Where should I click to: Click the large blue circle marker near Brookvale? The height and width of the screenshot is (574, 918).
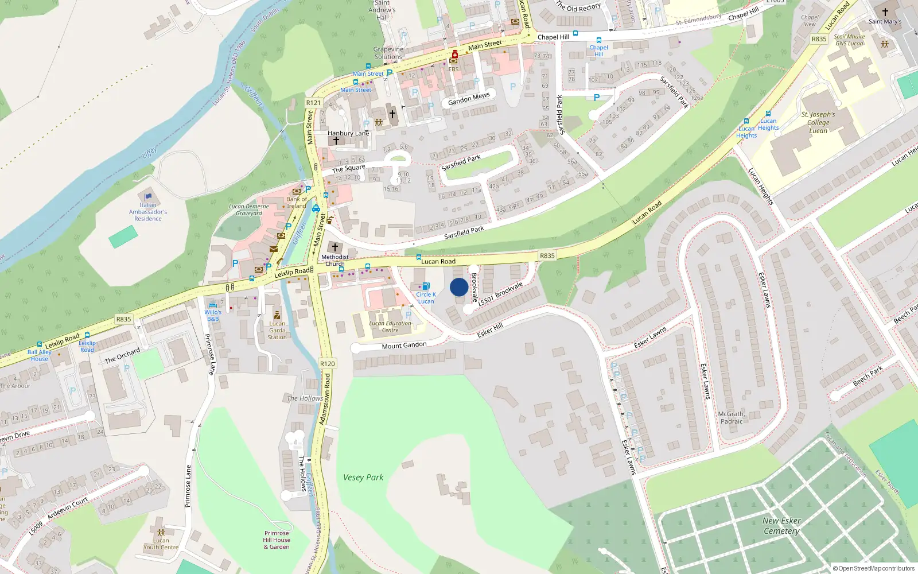(458, 287)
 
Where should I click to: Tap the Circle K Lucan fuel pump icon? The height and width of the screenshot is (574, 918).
(426, 286)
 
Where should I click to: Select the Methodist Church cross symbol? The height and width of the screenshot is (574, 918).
(335, 247)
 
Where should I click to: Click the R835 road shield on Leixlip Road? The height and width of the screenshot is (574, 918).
(123, 319)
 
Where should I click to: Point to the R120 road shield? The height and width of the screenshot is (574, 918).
(327, 363)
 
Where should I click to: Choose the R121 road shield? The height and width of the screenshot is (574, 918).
(313, 103)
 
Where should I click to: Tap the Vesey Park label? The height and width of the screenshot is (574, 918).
(363, 477)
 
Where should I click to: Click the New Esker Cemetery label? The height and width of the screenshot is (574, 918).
(781, 526)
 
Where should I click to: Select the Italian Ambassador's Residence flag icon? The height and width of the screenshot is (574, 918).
(148, 197)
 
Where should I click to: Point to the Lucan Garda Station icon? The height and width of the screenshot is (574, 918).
(277, 315)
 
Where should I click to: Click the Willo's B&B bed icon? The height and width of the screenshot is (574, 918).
(213, 305)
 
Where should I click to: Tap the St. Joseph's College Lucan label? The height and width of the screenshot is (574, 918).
(818, 122)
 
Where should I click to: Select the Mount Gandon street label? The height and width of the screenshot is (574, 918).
(404, 345)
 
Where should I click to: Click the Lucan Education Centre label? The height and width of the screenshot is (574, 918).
(390, 326)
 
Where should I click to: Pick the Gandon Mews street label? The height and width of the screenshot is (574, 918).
(469, 99)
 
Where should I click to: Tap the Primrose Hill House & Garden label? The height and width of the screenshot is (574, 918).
(277, 540)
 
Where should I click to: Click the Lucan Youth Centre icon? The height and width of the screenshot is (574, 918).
(161, 532)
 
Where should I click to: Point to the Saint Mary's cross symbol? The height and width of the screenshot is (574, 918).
(885, 12)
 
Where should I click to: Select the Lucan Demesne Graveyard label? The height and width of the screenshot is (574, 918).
(248, 210)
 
